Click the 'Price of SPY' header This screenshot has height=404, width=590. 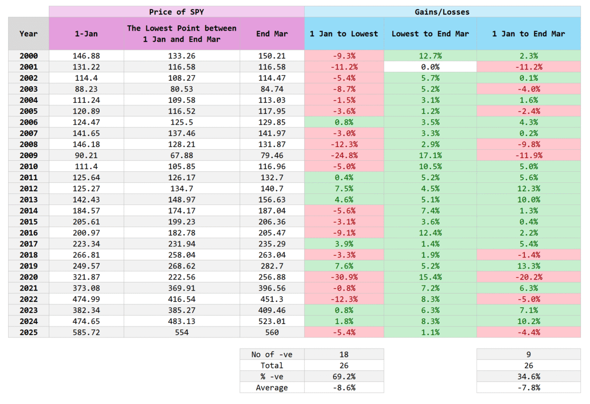pyautogui.click(x=176, y=12)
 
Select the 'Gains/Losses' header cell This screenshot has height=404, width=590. pyautogui.click(x=442, y=12)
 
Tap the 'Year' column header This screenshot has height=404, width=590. pyautogui.click(x=29, y=34)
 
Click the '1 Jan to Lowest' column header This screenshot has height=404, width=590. pyautogui.click(x=344, y=34)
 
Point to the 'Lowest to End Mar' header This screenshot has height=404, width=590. pyautogui.click(x=430, y=34)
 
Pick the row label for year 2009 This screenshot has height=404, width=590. pyautogui.click(x=29, y=156)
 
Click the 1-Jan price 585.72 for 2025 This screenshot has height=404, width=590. pyautogui.click(x=86, y=332)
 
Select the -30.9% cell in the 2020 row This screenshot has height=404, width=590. pyautogui.click(x=344, y=277)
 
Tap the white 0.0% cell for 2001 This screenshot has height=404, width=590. pyautogui.click(x=430, y=67)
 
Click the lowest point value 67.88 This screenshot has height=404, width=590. pyautogui.click(x=182, y=156)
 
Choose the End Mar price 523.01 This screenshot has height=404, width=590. pyautogui.click(x=272, y=321)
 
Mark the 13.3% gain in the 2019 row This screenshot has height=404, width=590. pyautogui.click(x=528, y=266)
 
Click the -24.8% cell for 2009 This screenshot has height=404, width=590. pyautogui.click(x=344, y=156)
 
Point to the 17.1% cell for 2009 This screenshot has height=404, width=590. pyautogui.click(x=430, y=156)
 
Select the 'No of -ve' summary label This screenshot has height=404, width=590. pyautogui.click(x=272, y=354)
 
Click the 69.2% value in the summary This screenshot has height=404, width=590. pyautogui.click(x=344, y=376)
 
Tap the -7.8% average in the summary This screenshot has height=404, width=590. pyautogui.click(x=528, y=387)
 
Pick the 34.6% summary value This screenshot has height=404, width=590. pyautogui.click(x=528, y=376)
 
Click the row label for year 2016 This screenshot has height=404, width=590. pyautogui.click(x=29, y=233)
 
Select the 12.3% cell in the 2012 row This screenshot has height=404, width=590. pyautogui.click(x=528, y=188)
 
